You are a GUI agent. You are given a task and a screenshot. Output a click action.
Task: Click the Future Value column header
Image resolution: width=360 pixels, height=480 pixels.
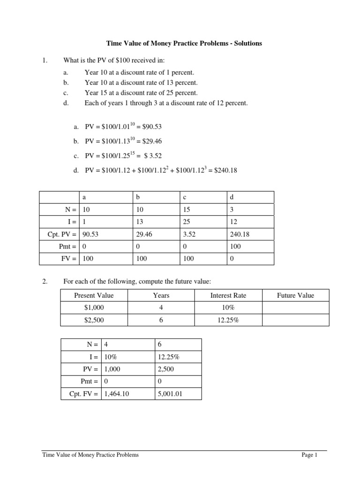click(x=295, y=295)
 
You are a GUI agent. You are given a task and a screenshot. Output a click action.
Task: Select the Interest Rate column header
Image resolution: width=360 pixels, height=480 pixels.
click(x=228, y=295)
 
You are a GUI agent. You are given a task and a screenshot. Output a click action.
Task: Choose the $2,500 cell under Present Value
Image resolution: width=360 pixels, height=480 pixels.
click(x=94, y=320)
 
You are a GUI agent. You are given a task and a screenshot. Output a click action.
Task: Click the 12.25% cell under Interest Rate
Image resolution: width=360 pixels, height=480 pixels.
click(x=228, y=320)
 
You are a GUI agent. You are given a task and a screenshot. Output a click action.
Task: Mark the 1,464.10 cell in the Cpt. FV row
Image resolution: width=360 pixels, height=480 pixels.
click(x=115, y=394)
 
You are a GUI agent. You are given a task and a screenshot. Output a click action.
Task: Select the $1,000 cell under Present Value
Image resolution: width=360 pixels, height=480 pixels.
click(x=94, y=307)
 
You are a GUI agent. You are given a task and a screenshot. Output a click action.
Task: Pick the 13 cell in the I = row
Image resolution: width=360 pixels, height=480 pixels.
click(x=139, y=222)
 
